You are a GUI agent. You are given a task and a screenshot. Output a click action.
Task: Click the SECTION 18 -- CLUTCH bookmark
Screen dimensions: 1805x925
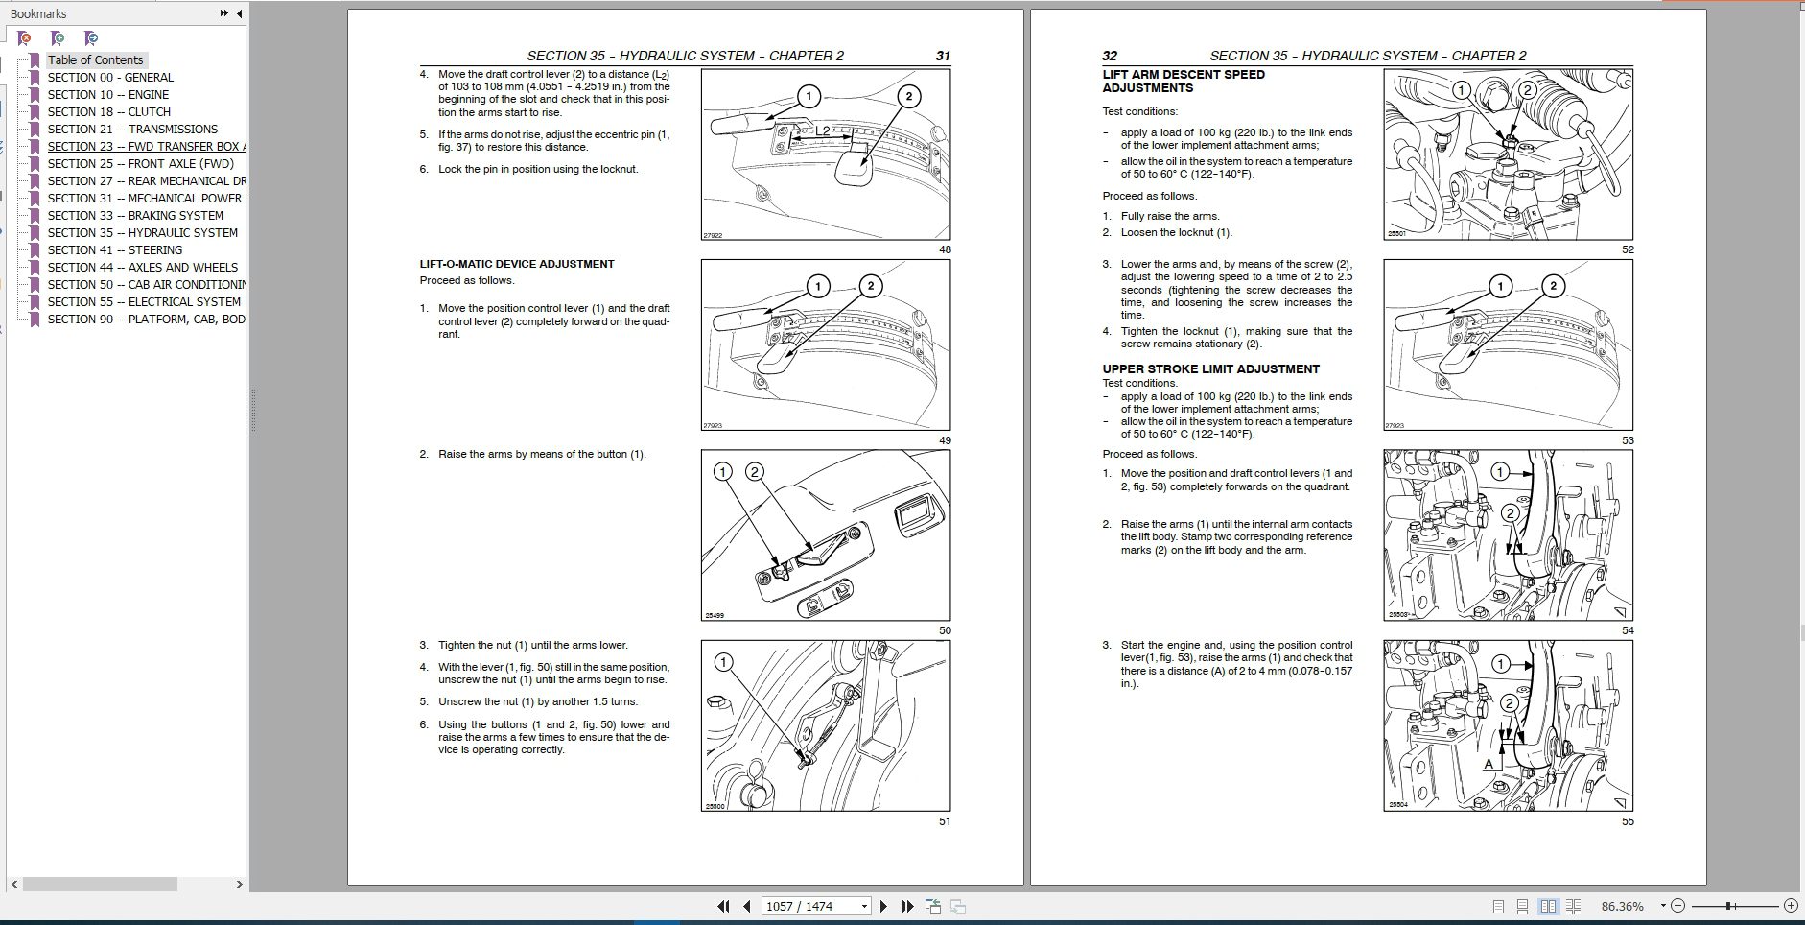(x=108, y=111)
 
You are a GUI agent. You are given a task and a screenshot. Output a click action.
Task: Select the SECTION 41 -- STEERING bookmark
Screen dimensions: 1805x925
(x=114, y=249)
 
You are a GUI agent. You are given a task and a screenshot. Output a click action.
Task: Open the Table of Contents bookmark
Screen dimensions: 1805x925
(x=95, y=59)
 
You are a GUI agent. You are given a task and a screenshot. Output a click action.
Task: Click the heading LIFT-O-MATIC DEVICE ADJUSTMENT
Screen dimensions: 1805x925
(x=517, y=264)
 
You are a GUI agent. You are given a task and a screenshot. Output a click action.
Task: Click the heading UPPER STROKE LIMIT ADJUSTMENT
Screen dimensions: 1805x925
(x=1210, y=368)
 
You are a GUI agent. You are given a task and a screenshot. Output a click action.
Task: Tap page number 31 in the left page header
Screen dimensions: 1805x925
(x=943, y=56)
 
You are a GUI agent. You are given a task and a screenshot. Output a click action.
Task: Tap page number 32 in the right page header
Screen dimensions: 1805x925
(x=1110, y=56)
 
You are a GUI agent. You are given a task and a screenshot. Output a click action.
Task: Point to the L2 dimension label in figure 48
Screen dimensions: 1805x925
(x=822, y=130)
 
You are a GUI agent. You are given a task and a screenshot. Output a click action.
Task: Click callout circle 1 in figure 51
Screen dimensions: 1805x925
(x=724, y=662)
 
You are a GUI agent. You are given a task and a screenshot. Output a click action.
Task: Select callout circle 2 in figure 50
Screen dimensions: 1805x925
(x=755, y=471)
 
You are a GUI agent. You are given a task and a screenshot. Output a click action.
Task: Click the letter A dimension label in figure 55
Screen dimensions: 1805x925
(x=1489, y=764)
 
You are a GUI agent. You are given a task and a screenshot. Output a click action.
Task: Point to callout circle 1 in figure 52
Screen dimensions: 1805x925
(x=1462, y=90)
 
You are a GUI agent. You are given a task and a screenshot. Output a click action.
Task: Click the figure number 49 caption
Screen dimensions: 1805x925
(x=945, y=440)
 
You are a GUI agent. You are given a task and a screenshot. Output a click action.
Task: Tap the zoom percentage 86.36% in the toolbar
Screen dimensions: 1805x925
(x=1622, y=906)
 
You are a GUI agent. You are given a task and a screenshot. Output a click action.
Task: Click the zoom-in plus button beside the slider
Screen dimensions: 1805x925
(x=1791, y=906)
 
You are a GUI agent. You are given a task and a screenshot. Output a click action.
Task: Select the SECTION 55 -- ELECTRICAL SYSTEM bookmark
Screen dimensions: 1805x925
(x=144, y=301)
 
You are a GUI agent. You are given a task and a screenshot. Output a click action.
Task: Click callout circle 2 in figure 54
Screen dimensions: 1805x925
(x=1510, y=513)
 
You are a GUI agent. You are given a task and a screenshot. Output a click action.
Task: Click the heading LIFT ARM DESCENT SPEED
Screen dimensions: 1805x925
(x=1184, y=74)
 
